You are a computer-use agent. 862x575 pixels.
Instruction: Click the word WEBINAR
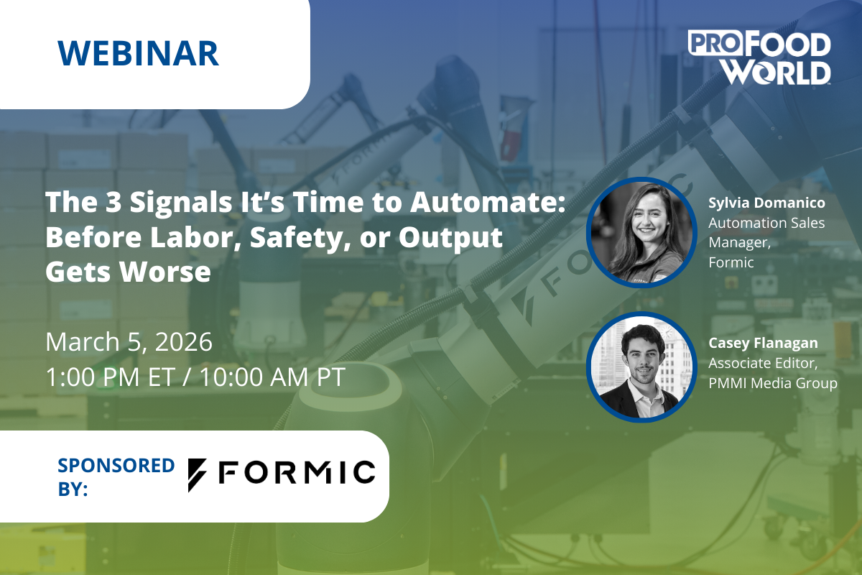coord(138,53)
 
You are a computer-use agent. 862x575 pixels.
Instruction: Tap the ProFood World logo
coord(759,57)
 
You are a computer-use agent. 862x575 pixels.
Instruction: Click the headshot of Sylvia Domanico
coord(641,232)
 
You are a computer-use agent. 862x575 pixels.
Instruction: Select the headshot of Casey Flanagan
coord(641,367)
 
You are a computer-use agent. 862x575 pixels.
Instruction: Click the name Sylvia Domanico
coord(766,203)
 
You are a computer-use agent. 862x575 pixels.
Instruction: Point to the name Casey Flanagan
coord(763,343)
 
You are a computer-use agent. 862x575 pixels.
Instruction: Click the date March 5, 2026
coord(129,341)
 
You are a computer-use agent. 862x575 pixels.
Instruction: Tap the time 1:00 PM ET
coord(111,377)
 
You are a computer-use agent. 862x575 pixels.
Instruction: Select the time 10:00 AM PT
coord(272,377)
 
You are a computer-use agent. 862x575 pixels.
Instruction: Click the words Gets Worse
coord(128,272)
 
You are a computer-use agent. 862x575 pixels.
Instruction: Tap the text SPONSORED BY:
coord(116,477)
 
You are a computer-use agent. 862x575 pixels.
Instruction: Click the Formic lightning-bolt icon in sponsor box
coord(197,475)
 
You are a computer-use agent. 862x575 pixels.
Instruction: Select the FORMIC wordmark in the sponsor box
coord(297,471)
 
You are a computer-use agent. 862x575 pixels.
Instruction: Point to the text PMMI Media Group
coord(773,383)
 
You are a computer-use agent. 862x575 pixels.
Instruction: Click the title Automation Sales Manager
coord(766,233)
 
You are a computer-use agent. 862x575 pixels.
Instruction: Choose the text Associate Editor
coord(763,363)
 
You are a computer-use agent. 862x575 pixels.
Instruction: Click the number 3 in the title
coord(113,202)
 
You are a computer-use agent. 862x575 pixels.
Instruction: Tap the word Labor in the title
coord(191,237)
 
